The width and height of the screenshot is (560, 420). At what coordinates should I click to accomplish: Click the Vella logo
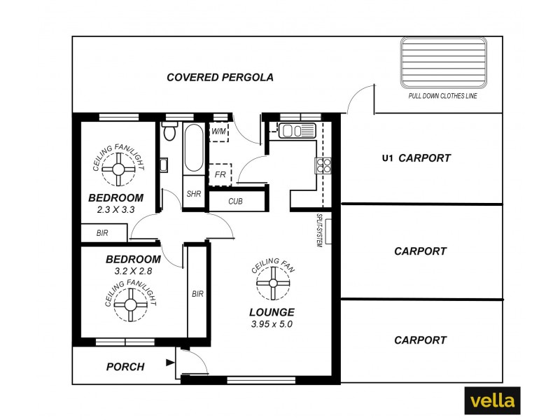(492, 400)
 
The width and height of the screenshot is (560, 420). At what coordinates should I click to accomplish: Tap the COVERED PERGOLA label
(220, 78)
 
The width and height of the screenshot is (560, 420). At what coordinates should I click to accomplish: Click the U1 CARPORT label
(416, 158)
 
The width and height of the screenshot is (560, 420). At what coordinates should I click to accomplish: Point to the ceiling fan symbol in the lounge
(272, 283)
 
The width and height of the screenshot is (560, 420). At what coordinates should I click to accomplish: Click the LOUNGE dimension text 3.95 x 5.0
(272, 324)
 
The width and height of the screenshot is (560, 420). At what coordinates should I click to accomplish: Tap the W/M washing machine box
(219, 131)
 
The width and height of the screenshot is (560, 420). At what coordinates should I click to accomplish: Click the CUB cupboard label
(236, 202)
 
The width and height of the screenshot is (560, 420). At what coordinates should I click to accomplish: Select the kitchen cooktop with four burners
(325, 165)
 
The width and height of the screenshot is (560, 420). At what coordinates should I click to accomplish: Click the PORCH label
(125, 367)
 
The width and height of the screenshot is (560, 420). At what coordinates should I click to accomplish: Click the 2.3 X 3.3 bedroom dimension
(115, 209)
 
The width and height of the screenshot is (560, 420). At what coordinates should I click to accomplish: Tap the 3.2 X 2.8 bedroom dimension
(128, 270)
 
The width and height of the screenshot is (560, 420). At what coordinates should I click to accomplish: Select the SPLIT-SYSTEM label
(319, 230)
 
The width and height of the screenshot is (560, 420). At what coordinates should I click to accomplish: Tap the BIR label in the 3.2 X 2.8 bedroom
(197, 294)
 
